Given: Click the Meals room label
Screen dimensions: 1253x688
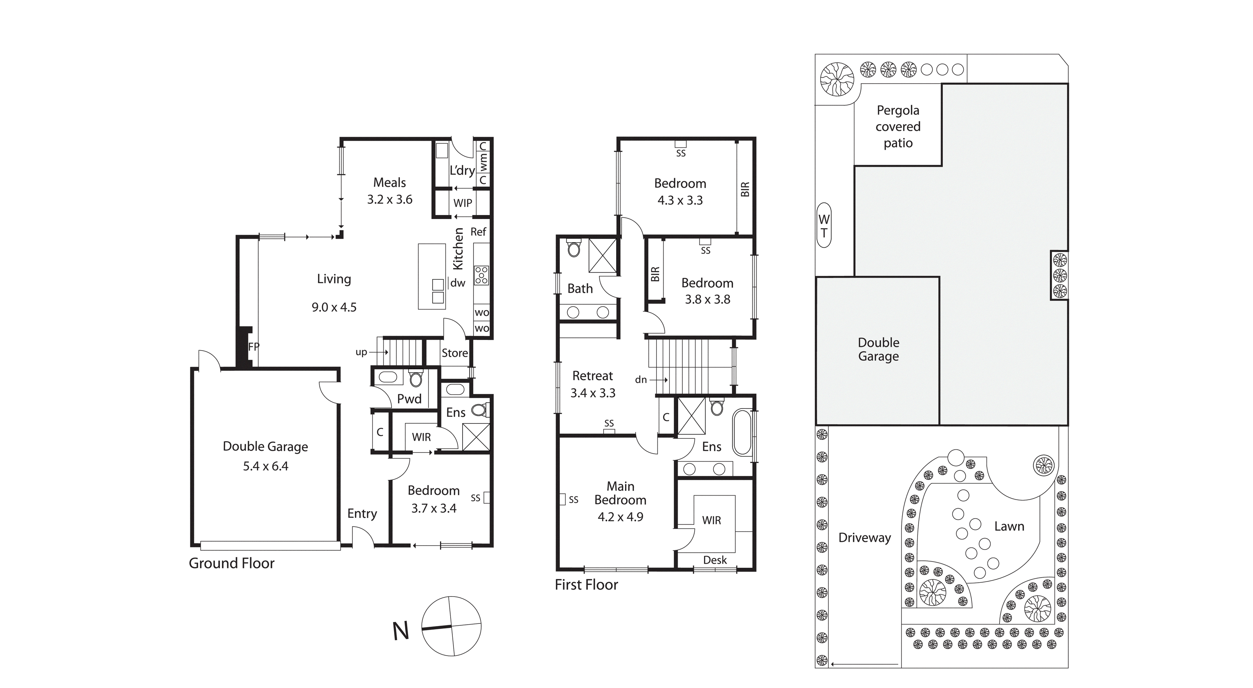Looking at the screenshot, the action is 390,183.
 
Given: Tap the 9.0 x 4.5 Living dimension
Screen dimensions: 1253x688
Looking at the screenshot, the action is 334,307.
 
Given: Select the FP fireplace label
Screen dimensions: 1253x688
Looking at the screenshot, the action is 254,347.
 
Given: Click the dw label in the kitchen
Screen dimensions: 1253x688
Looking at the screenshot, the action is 458,283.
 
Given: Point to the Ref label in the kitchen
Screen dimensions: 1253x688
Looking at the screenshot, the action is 478,232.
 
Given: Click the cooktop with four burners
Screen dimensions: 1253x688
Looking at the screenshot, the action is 482,275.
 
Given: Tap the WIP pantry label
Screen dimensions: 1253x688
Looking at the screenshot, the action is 463,203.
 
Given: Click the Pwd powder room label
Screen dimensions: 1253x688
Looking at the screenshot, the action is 409,399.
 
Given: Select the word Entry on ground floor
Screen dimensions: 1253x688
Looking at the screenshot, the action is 362,514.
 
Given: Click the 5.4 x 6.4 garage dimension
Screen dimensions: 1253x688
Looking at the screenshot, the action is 266,466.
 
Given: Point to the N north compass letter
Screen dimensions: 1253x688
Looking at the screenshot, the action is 401,631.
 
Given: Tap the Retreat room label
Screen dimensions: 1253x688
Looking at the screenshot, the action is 593,376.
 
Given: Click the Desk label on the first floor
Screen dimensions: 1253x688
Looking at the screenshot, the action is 715,560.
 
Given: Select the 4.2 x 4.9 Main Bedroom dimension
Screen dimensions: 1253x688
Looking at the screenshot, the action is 621,517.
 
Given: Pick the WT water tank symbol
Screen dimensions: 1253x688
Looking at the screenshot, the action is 824,225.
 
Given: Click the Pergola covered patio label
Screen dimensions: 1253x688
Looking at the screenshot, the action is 898,126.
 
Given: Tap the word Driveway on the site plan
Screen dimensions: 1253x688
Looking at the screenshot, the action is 865,537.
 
